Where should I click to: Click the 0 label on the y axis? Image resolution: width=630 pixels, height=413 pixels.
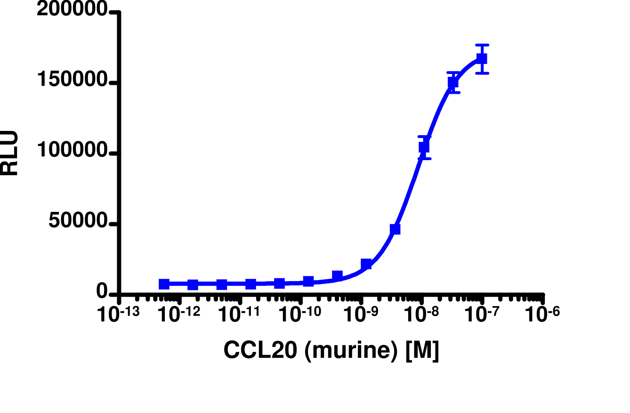point(102,292)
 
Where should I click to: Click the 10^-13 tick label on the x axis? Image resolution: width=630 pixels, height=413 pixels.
point(119,315)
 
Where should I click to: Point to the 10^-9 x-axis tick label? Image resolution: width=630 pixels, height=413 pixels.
point(361,315)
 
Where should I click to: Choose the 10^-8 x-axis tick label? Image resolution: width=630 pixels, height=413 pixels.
point(421,315)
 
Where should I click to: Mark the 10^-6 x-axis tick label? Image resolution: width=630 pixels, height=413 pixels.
point(542,315)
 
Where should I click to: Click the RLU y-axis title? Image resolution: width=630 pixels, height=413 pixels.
point(9,153)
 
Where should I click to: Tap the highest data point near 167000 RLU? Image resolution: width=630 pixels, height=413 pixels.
point(482,59)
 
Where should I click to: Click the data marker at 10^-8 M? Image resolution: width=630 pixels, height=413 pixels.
point(424,147)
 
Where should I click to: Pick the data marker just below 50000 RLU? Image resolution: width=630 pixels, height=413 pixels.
point(395,229)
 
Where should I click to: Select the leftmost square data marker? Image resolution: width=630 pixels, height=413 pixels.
point(164,284)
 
